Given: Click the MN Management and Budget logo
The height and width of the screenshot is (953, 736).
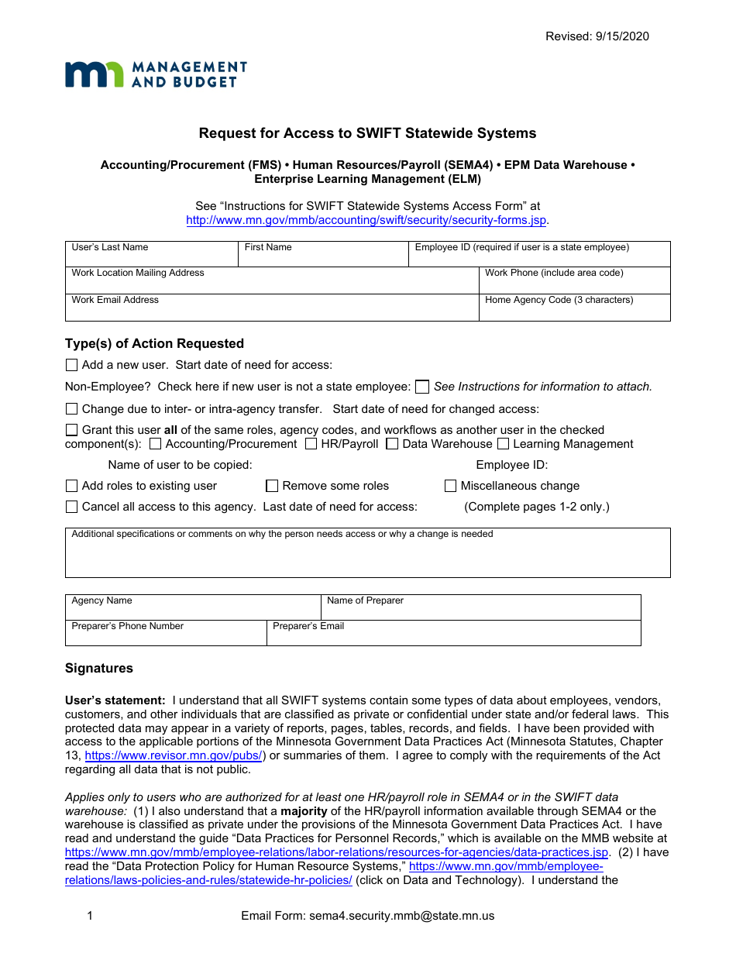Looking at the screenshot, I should pyautogui.click(x=156, y=74).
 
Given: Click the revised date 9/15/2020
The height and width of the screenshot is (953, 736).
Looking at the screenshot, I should pyautogui.click(x=597, y=36).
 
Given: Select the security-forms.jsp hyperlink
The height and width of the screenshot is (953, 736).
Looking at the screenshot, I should pyautogui.click(x=366, y=220).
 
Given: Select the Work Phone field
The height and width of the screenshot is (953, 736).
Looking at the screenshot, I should pyautogui.click(x=574, y=280).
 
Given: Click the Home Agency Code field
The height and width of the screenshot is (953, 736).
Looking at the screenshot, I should pyautogui.click(x=574, y=308).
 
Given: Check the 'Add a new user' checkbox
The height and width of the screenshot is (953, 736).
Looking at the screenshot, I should pyautogui.click(x=72, y=365).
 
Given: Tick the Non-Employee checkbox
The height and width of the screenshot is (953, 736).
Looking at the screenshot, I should pyautogui.click(x=422, y=387).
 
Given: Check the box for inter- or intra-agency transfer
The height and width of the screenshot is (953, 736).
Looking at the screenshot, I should pyautogui.click(x=72, y=409).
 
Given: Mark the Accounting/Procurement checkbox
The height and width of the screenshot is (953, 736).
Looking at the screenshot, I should pyautogui.click(x=156, y=444).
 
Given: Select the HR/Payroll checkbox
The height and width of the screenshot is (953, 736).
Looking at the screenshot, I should pyautogui.click(x=311, y=444).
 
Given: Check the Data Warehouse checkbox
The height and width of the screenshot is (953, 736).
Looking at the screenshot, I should pyautogui.click(x=393, y=444).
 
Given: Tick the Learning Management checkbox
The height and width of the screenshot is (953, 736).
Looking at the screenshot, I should pyautogui.click(x=504, y=444).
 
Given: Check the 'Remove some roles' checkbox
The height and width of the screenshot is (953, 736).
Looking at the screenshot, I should pyautogui.click(x=272, y=486).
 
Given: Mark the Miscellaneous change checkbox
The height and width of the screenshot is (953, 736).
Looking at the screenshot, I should pyautogui.click(x=450, y=486).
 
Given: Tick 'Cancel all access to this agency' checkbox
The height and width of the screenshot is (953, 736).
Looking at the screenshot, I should pyautogui.click(x=72, y=507).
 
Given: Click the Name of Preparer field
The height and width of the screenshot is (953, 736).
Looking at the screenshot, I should pyautogui.click(x=480, y=607).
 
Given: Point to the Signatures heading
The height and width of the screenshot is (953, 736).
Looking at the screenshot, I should pyautogui.click(x=99, y=668).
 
